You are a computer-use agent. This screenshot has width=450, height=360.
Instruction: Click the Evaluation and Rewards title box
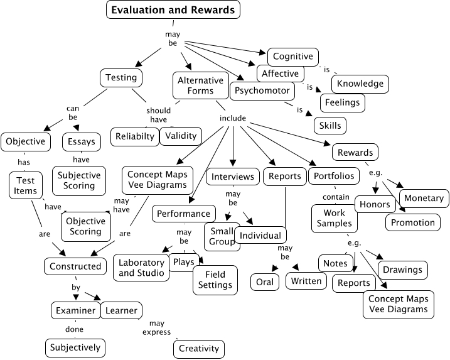pos(173,10)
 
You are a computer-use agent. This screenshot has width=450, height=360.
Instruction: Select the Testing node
pos(121,78)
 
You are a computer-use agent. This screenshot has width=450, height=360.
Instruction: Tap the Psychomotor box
pos(262,90)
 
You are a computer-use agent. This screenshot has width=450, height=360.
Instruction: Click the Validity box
pos(181,135)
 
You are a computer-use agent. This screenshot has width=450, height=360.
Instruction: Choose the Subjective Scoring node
pos(79,180)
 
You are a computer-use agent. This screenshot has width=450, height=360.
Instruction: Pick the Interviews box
pos(232,177)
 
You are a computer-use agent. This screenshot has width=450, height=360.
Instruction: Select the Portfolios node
pos(334,176)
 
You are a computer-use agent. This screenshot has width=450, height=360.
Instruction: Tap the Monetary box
pos(424,198)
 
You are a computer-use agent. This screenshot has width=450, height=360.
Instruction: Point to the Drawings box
pos(402,270)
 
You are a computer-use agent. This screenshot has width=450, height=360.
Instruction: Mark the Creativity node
pos(199,349)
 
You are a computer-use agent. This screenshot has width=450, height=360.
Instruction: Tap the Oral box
pos(265,282)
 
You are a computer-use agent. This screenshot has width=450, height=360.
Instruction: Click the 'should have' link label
pos(159,115)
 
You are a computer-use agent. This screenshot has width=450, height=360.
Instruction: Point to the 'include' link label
pos(232,118)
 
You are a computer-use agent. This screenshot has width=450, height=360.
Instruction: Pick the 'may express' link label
pos(153,327)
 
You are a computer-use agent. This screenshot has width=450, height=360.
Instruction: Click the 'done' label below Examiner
pos(74,329)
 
